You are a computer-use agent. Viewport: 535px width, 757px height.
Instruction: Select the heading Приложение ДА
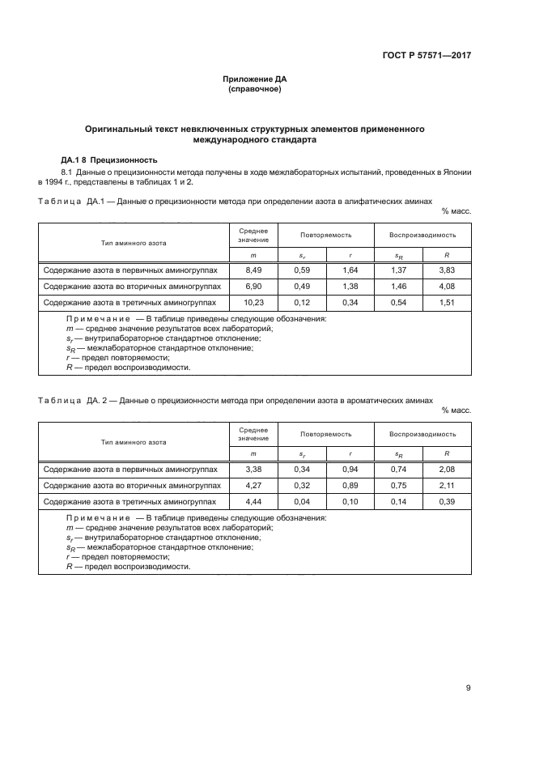[x=255, y=79]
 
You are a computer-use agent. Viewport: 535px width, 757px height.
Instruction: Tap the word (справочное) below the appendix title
[x=255, y=89]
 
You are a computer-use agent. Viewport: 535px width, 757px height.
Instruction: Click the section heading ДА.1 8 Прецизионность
[x=109, y=159]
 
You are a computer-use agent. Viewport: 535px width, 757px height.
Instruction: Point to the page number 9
[x=469, y=688]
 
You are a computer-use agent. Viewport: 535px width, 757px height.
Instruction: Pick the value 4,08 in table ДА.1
[x=447, y=287]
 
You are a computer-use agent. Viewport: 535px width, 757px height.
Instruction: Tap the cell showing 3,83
[x=447, y=270]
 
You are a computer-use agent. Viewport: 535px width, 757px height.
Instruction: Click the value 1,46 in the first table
[x=398, y=287]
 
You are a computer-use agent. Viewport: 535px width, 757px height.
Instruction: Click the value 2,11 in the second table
[x=447, y=486]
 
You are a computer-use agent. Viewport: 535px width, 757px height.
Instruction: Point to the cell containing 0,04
[x=302, y=502]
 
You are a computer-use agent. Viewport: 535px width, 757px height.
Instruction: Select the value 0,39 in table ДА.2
[x=447, y=502]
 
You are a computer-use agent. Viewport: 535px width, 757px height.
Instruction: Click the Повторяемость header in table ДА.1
[x=325, y=235]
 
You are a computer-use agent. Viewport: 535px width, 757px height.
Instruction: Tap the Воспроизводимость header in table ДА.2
[x=422, y=433]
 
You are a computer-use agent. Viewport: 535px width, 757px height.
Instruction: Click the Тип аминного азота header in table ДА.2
[x=134, y=442]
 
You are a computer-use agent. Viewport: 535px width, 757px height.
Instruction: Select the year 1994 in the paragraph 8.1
[x=55, y=183]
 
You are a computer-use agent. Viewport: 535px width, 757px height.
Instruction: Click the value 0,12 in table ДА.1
[x=302, y=303]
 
